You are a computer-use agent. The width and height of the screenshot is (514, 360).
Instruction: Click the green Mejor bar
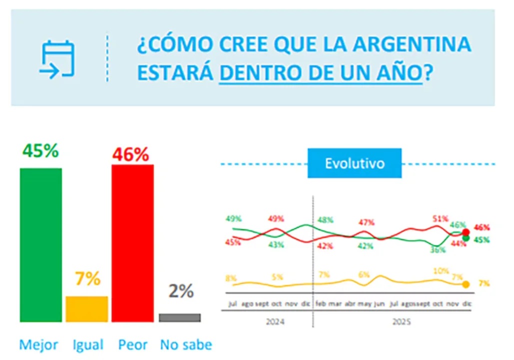41,245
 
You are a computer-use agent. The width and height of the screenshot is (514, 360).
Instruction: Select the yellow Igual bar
87,309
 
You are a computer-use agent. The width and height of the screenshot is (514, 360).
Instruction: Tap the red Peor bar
132,243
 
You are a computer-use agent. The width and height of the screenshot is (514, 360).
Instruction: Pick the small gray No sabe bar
180,317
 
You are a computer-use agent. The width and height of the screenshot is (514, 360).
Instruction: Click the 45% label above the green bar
40,150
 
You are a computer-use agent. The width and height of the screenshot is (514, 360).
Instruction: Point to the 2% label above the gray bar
181,291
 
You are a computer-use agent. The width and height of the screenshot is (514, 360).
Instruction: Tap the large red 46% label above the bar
131,154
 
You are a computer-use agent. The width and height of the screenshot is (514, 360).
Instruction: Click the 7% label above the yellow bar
88,279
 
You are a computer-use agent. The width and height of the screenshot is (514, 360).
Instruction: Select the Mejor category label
38,344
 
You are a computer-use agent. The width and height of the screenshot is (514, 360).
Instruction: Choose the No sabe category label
186,344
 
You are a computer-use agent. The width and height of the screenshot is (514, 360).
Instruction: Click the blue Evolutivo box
355,163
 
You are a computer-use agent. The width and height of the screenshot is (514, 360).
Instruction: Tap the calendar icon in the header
57,59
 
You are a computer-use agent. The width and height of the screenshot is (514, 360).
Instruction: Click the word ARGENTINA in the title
412,44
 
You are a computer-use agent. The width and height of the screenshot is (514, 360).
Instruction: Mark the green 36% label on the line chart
438,250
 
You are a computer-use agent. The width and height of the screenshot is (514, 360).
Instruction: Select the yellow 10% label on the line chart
441,270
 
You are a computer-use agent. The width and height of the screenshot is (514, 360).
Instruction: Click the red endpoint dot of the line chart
466,232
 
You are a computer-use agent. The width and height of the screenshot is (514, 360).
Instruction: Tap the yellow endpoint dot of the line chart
466,284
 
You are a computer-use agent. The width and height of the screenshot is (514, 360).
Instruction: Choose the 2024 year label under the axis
276,322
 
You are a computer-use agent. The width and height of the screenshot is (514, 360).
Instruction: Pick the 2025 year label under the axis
402,322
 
